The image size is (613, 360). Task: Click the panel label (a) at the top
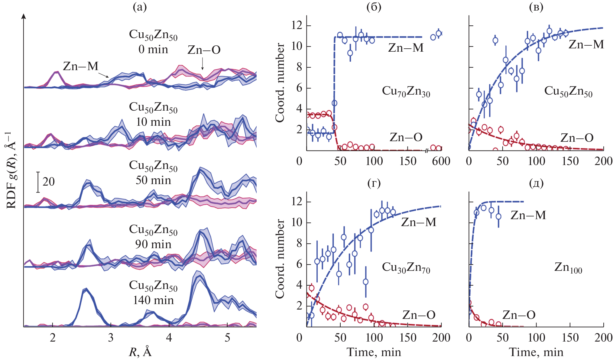click(140, 7)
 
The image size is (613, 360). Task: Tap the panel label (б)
click(374, 7)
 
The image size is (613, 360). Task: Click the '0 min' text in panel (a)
click(153, 49)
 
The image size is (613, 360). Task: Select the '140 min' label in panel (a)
click(153, 300)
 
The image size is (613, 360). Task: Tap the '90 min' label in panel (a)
click(153, 244)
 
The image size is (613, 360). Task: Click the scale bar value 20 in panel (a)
click(48, 182)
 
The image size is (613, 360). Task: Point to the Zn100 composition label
click(568, 268)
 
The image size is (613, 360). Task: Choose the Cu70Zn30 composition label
click(406, 91)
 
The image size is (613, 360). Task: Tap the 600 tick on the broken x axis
click(441, 161)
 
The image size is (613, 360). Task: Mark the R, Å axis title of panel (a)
click(140, 352)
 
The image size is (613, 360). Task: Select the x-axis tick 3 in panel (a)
click(111, 338)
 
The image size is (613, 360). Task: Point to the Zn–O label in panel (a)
click(204, 50)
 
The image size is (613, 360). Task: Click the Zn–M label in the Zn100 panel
click(528, 215)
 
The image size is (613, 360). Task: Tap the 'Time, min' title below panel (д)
click(536, 352)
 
